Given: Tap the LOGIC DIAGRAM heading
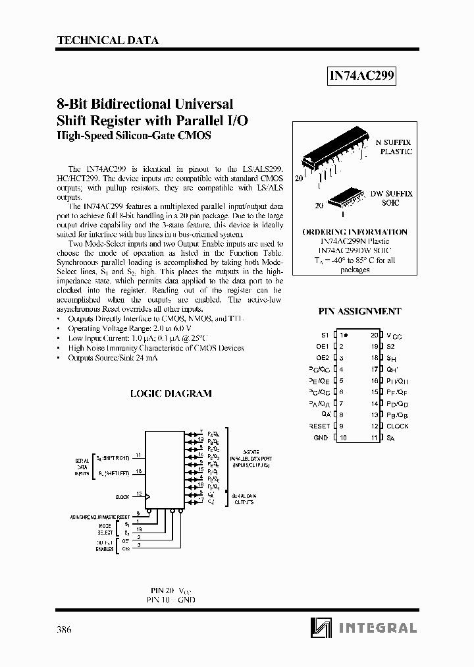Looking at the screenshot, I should point(171,393).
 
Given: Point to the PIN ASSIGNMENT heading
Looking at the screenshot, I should point(359,311).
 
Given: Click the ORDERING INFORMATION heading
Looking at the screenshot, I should point(354,232).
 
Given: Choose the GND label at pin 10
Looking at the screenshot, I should point(321,438).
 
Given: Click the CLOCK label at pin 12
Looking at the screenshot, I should point(398,426).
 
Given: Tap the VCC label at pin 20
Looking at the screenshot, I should point(394,335).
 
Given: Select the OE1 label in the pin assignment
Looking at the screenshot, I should point(322,347).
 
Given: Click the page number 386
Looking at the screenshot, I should point(64,629).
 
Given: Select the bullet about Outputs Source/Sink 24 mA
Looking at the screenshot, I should point(113,357).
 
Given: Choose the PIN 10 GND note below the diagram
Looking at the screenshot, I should point(171,600).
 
